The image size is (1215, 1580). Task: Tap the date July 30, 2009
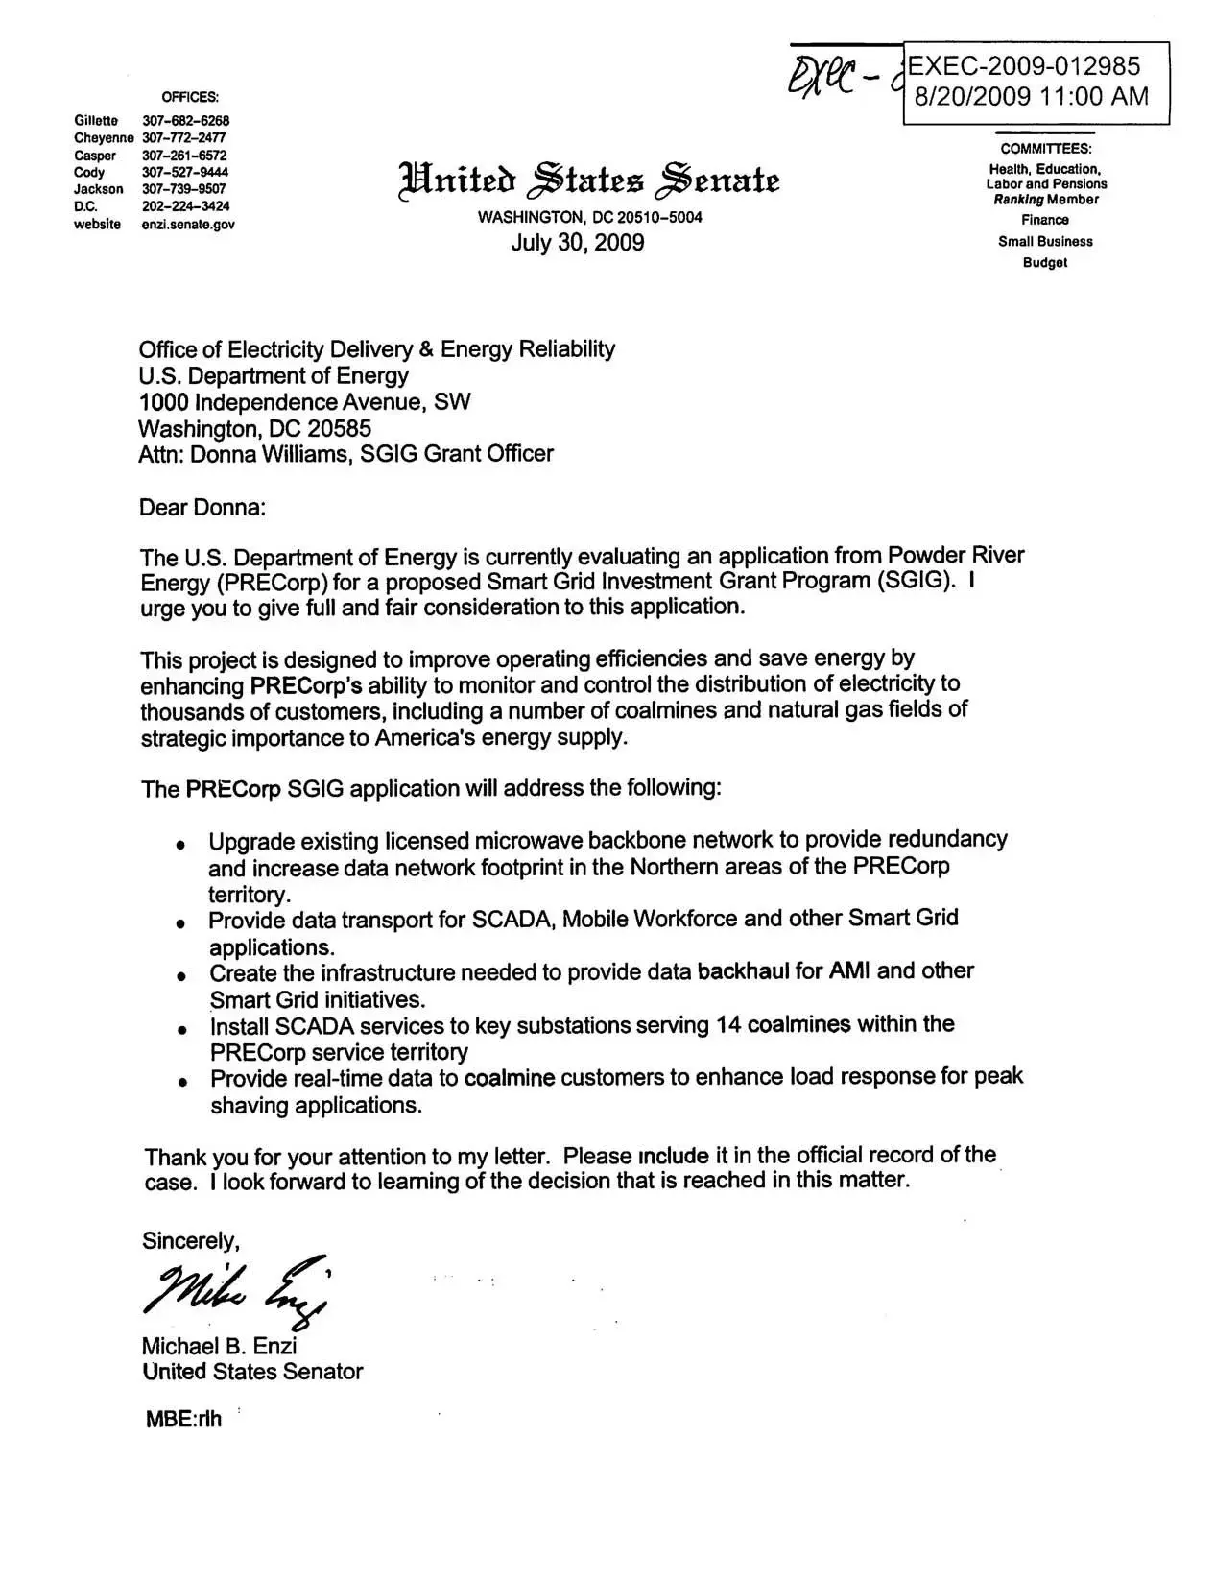(577, 242)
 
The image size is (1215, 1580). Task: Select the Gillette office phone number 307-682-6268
(185, 121)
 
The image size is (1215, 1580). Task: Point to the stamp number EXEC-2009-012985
(1024, 66)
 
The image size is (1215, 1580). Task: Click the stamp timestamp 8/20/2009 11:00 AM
(1030, 96)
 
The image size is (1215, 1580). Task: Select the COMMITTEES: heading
(1046, 149)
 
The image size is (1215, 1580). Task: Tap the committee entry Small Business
(1045, 242)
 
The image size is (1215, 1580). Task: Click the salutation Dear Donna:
(202, 507)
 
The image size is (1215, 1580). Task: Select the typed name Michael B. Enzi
(219, 1345)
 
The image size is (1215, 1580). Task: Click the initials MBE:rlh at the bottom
(182, 1419)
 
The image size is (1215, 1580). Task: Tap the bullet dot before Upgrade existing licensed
(180, 845)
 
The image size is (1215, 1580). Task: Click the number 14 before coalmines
(727, 1024)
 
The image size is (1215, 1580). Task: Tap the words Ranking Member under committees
(1046, 200)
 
